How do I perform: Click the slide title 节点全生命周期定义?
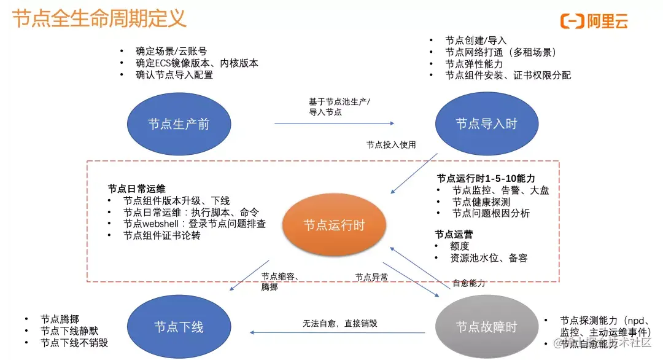click(99, 18)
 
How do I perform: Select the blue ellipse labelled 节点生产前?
click(179, 123)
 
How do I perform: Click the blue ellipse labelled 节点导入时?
click(486, 123)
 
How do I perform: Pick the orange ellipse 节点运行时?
click(334, 225)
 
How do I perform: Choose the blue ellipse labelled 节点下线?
click(179, 326)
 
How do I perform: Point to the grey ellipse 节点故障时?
click(486, 326)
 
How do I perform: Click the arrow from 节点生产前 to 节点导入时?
click(335, 123)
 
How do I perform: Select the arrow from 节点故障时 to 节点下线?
click(338, 333)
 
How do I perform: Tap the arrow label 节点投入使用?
click(391, 145)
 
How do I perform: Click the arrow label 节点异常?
click(371, 278)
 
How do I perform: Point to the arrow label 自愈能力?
click(469, 283)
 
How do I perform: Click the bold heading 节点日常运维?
click(136, 189)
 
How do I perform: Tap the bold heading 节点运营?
click(454, 234)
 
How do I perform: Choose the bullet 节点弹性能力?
click(474, 64)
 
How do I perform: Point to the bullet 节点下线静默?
click(68, 331)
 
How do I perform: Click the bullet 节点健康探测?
click(481, 202)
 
